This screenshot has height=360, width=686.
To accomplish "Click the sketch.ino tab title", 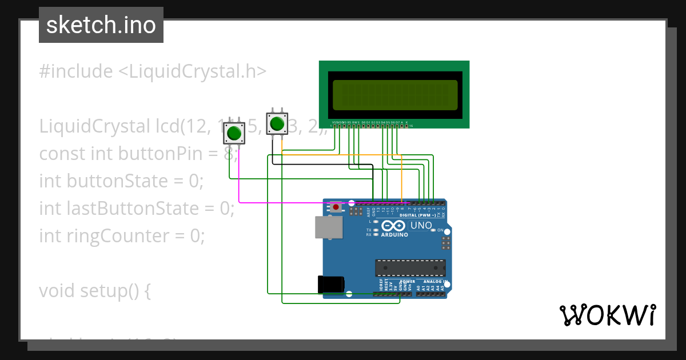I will [x=101, y=25].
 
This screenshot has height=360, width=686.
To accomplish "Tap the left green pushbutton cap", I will [x=233, y=134].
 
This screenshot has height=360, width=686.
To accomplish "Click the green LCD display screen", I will [x=395, y=95].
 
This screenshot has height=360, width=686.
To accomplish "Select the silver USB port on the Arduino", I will [x=325, y=227].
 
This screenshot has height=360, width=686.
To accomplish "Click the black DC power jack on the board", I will [x=330, y=284].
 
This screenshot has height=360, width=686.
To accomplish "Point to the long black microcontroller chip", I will [x=410, y=267].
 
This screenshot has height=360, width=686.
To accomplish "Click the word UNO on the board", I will [x=421, y=225].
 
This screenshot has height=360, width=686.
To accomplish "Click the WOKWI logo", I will [x=607, y=315].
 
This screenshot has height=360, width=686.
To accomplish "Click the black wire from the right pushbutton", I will [x=320, y=164].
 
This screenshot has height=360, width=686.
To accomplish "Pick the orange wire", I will [x=343, y=154].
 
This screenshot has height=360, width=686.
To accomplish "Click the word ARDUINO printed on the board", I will [x=394, y=235].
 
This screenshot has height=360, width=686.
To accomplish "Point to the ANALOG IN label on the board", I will [x=434, y=282].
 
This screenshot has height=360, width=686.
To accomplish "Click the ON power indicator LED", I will [x=433, y=230].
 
